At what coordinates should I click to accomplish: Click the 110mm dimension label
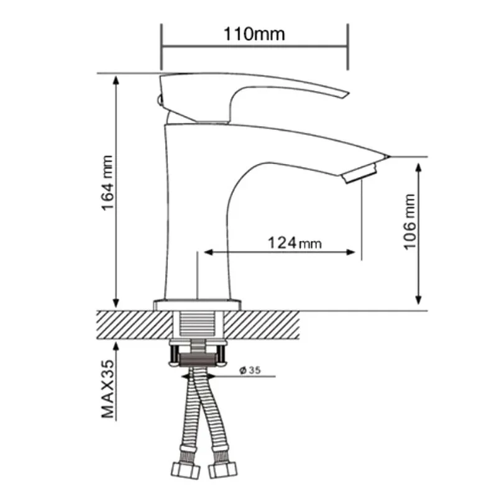pos(254,34)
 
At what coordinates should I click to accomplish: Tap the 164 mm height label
pos(107,183)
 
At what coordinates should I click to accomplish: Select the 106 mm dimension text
pos(409,222)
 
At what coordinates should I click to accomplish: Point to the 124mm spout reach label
pos(294,243)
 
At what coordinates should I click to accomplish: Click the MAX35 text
pos(107,389)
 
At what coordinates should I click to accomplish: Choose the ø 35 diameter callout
pos(250,370)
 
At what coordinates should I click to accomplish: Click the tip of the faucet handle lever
pos(349,94)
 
